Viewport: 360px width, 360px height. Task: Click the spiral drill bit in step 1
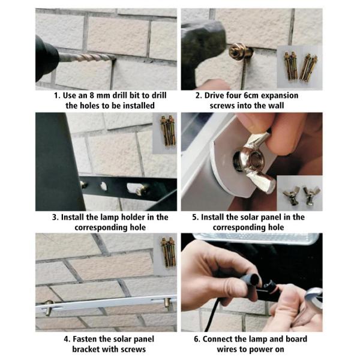(87, 58)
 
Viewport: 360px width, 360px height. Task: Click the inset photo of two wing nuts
(299, 193)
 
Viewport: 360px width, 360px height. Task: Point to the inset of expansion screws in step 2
(299, 67)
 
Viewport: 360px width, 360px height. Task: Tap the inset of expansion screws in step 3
(165, 133)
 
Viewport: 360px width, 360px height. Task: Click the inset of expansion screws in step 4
(165, 254)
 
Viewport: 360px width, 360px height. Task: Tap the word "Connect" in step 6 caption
(218, 339)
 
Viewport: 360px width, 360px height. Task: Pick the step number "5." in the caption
(196, 217)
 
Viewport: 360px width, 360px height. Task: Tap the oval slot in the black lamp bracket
(134, 187)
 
